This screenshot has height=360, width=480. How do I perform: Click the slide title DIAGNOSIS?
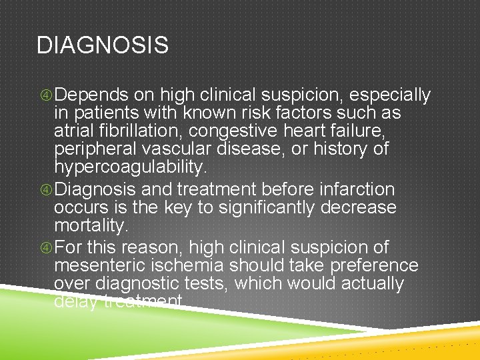(103, 45)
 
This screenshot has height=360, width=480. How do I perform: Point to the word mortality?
(91, 226)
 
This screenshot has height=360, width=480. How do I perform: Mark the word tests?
(199, 284)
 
